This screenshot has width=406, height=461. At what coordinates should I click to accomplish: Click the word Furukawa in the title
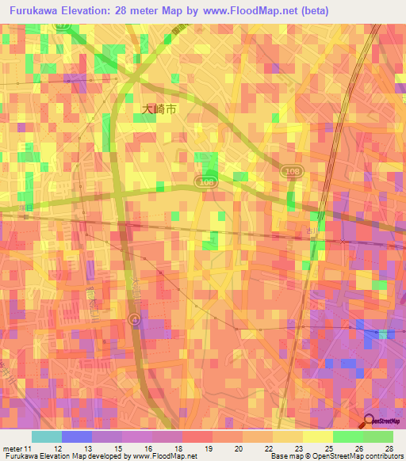coord(39,10)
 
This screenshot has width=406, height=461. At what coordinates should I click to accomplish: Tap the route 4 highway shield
coord(134,318)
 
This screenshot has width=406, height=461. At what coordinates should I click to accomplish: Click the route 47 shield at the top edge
coord(61,26)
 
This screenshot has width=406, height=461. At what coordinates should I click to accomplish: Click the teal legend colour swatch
coord(46,436)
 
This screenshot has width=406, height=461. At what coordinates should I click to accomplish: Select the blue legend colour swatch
coord(76,436)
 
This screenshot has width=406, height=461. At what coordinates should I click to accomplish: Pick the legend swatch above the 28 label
coord(377,436)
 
